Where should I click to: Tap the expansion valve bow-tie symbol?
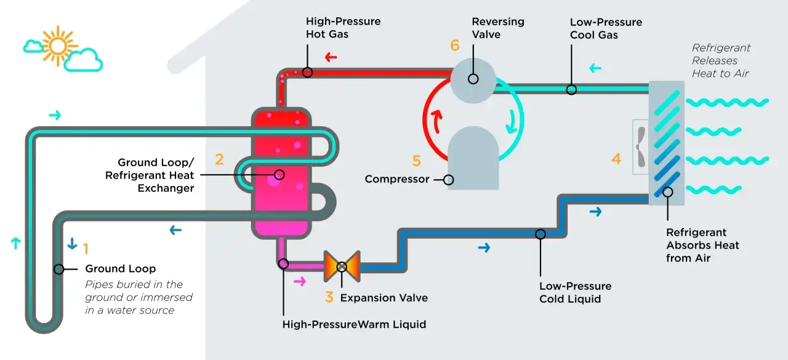coord(341,266)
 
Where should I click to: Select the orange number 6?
coord(455,45)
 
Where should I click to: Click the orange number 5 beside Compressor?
coord(417,161)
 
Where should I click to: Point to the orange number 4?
coord(616,159)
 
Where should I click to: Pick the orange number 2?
coord(219,159)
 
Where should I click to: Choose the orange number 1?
coord(86,249)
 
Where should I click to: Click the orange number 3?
coord(329,297)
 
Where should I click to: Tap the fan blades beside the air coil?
coord(640,146)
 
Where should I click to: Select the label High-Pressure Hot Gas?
coord(343,28)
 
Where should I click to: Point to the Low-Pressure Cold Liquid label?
coord(575,292)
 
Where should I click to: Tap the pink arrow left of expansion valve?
coord(300,282)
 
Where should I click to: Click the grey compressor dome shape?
coord(472,157)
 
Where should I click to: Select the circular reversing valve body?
coord(473,79)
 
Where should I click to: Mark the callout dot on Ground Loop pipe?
coord(59,269)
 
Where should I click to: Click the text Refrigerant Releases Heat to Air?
coord(721,61)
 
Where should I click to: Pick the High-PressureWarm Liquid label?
coord(354,324)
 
